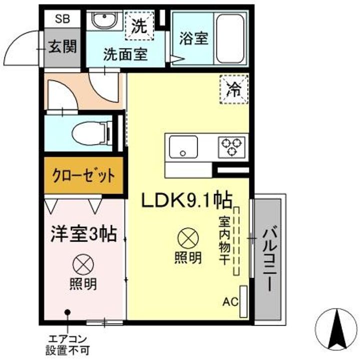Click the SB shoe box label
tap(62, 19)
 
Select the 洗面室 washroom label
tap(125, 54)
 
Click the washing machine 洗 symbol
tap(138, 25)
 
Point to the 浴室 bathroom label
tap(193, 39)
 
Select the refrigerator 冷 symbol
tap(234, 89)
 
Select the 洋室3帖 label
tap(83, 233)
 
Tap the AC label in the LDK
tap(230, 301)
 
